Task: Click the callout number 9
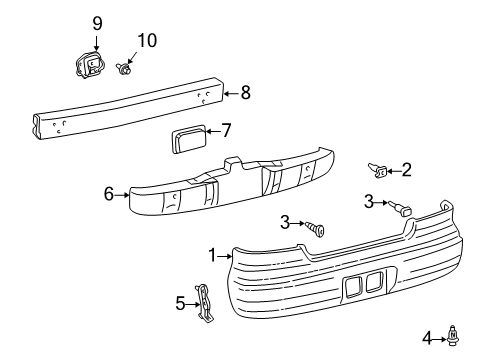pyautogui.click(x=97, y=23)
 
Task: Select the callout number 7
pyautogui.click(x=225, y=130)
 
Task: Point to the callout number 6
pyautogui.click(x=108, y=194)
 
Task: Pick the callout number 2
pyautogui.click(x=406, y=170)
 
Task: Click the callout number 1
pyautogui.click(x=212, y=256)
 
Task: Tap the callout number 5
pyautogui.click(x=180, y=301)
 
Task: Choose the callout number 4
pyautogui.click(x=427, y=339)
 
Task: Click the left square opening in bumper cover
pyautogui.click(x=354, y=289)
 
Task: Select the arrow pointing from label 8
pyautogui.click(x=231, y=93)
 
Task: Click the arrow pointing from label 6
pyautogui.click(x=122, y=195)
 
